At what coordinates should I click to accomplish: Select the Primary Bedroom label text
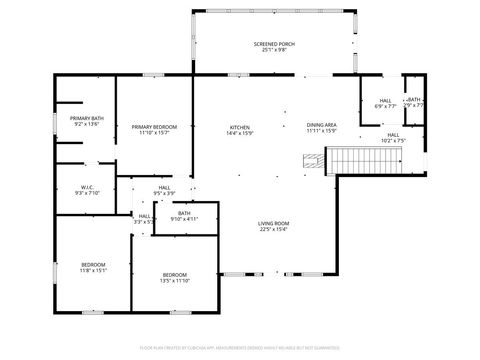(x=154, y=126)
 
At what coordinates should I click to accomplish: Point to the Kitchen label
(x=240, y=126)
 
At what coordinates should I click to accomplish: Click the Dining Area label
(x=321, y=125)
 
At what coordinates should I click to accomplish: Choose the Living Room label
(x=274, y=223)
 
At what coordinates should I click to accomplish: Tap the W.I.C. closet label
(x=87, y=186)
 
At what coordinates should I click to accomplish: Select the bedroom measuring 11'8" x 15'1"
(x=93, y=266)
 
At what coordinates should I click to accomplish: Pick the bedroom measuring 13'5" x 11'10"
(x=175, y=277)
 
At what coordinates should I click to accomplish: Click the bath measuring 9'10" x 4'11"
(x=184, y=215)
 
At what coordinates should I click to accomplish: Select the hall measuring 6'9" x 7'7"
(x=385, y=102)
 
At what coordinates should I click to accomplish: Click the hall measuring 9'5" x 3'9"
(x=163, y=190)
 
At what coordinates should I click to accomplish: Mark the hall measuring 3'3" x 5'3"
(x=145, y=218)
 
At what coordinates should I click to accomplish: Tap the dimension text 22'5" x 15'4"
(x=274, y=229)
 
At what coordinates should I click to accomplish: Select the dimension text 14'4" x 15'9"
(x=240, y=132)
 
